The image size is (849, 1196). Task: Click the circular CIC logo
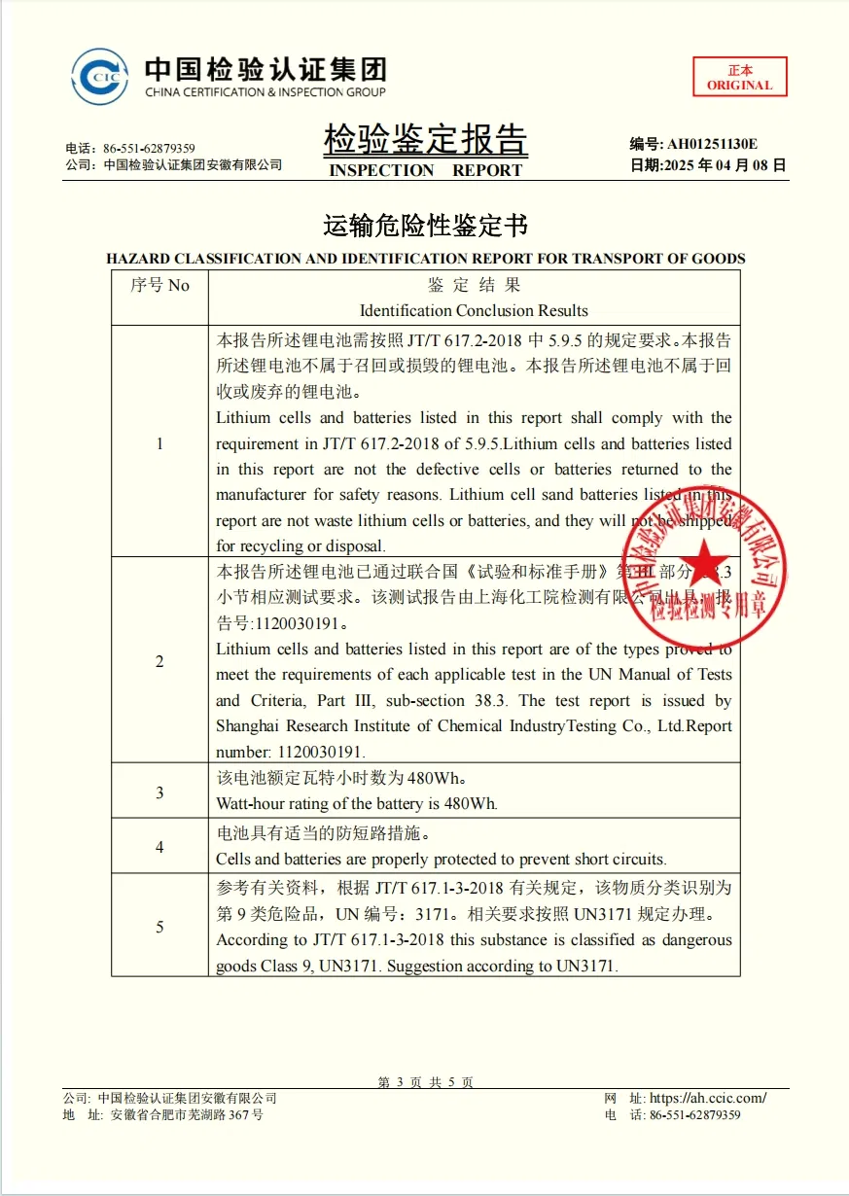[x=100, y=77]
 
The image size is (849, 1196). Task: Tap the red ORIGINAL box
[x=739, y=77]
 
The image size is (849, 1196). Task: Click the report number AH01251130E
[x=711, y=144]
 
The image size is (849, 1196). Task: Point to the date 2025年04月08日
[x=724, y=165]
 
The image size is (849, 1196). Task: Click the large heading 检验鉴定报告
[x=425, y=140]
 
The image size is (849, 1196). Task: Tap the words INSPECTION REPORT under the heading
[x=425, y=170]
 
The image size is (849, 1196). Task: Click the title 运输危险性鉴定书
[x=425, y=226]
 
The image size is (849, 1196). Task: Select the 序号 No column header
[x=159, y=286]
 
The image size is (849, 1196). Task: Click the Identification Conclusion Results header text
[x=474, y=311]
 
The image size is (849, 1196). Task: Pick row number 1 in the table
[x=159, y=443]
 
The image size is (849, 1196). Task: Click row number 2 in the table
[x=159, y=661]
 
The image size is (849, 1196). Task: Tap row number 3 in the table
[x=159, y=792]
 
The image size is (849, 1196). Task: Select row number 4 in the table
[x=159, y=847]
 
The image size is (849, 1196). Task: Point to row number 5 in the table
[x=159, y=927]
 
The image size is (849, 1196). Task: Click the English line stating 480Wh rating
[x=357, y=804]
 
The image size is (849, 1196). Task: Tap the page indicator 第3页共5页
[x=425, y=1082]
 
